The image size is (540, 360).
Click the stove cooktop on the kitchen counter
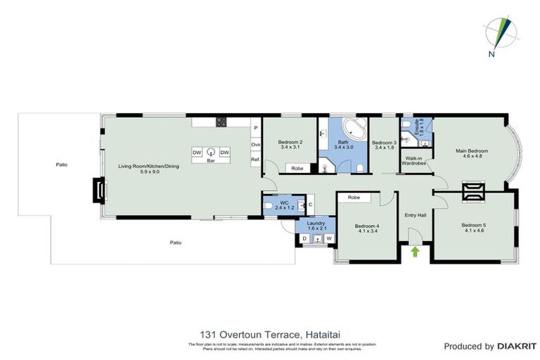coord(221,122)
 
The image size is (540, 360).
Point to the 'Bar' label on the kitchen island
coord(210,161)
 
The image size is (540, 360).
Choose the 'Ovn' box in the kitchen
coord(256,145)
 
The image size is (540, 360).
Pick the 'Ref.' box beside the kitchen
coord(256,160)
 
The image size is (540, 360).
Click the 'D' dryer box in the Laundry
coord(304,239)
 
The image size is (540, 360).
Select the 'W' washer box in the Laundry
coord(328,239)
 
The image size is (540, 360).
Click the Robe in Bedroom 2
coord(297,168)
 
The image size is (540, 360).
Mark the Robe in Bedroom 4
coord(354,198)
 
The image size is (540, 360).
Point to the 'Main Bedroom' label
coord(471,151)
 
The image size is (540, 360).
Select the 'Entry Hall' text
coord(416,215)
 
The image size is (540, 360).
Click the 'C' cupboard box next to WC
coord(310,205)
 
